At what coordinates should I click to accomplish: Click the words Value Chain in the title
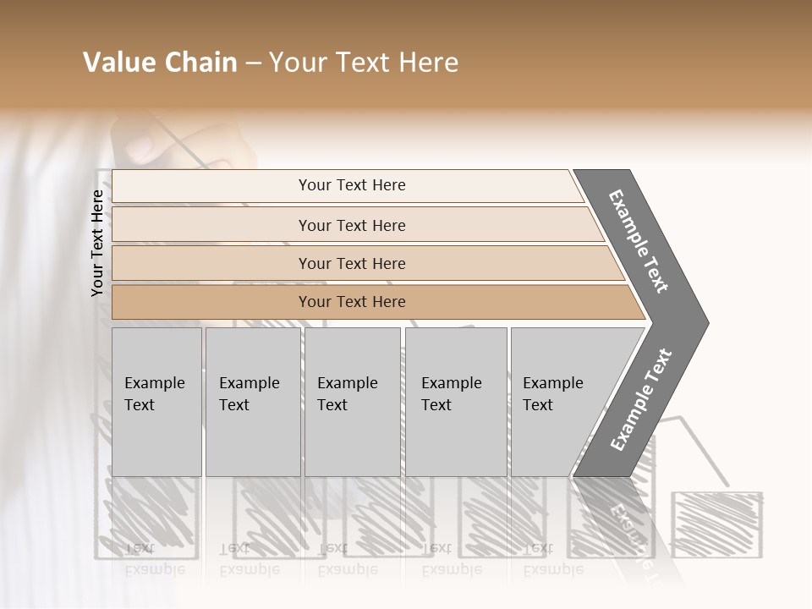160,63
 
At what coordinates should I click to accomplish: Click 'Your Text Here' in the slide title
364,63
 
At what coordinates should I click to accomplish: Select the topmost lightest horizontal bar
211,186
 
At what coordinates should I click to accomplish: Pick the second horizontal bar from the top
211,225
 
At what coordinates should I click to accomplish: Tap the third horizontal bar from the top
211,263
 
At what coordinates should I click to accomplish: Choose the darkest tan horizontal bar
211,302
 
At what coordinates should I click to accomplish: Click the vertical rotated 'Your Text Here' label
97,243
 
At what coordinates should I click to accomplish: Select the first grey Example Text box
156,402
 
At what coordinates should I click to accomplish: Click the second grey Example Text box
252,402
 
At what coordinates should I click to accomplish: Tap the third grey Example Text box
352,402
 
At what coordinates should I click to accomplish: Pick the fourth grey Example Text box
456,402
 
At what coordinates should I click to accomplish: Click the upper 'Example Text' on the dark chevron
639,241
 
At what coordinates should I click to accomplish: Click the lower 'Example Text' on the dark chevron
640,400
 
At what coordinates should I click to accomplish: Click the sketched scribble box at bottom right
716,525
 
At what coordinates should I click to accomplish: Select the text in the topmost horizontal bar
352,185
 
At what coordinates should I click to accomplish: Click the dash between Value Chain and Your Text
253,63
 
